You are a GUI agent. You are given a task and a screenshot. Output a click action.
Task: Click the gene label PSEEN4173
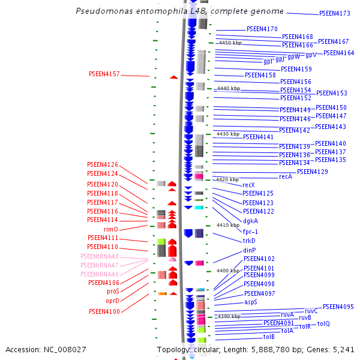pos(335,13)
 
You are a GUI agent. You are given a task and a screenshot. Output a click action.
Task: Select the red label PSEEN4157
pos(104,74)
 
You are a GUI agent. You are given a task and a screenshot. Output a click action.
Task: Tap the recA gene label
pos(286,176)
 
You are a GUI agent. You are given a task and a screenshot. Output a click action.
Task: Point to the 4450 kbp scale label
pos(230,43)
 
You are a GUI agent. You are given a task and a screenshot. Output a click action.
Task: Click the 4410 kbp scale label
pos(228,225)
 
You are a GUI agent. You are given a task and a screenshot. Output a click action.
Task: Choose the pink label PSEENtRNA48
pos(100,256)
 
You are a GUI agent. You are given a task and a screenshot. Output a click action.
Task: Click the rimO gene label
pos(111,229)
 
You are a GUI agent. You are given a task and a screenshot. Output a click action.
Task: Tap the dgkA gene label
pos(251,220)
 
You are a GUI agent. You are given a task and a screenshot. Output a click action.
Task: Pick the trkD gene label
pos(249,241)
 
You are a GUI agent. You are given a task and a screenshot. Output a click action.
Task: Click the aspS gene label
pos(251,302)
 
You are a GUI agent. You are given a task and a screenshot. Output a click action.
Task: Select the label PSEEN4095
pos(338,307)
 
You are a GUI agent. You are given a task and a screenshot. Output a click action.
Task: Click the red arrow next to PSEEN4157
pos(173,77)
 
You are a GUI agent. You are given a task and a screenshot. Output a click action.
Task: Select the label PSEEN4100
pos(104,311)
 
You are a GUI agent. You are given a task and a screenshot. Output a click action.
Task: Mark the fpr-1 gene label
pos(250,231)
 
